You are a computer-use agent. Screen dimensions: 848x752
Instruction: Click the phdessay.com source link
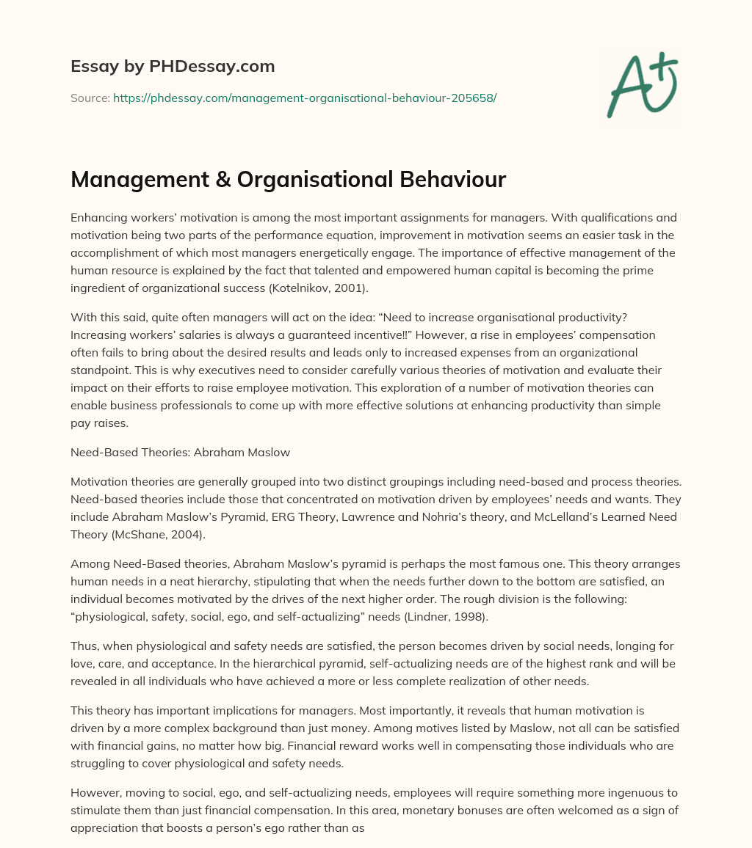pos(305,98)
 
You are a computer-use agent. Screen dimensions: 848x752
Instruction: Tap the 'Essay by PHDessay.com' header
pos(173,67)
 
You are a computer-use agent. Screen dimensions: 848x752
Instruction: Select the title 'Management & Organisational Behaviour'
pos(289,180)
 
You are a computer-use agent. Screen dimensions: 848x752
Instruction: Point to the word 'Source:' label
pos(90,98)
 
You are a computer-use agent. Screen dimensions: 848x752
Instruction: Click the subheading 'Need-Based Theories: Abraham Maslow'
pos(180,453)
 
